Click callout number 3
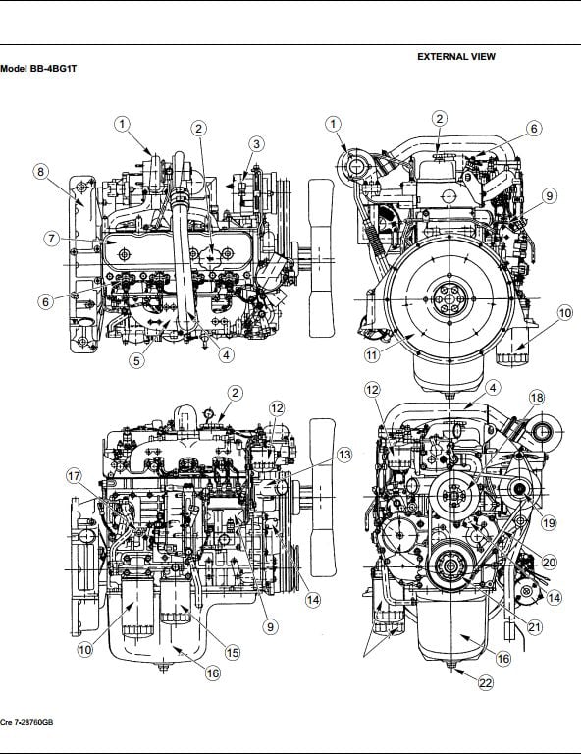(256, 144)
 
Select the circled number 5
(137, 360)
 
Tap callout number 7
(52, 239)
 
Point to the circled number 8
(41, 172)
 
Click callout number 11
(372, 355)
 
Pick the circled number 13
(344, 455)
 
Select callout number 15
(233, 653)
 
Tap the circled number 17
(74, 476)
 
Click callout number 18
(537, 398)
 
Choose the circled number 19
(549, 522)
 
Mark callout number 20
(549, 563)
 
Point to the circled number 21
(535, 627)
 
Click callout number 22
(486, 683)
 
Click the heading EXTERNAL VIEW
(456, 56)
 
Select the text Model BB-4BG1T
(38, 69)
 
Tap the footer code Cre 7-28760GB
(26, 723)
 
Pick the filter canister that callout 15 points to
(176, 601)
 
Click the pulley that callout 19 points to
(519, 489)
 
